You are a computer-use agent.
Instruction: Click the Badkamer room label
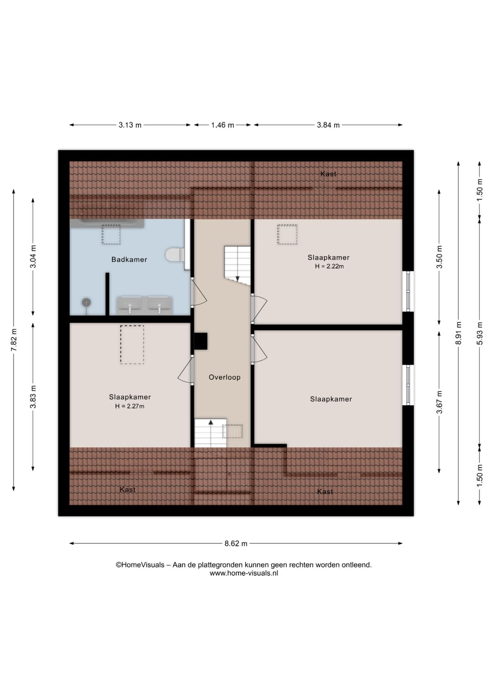(x=129, y=260)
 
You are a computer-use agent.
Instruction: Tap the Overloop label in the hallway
(x=225, y=377)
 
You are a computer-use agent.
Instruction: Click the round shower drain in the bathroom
(x=86, y=301)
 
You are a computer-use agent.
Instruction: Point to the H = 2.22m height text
(x=330, y=266)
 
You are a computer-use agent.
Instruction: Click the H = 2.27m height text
(x=130, y=406)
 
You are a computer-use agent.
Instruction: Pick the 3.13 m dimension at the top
(x=130, y=125)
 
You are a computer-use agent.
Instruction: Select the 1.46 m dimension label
(x=223, y=125)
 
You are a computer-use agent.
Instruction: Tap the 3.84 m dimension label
(x=328, y=125)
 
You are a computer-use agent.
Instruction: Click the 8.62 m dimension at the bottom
(x=236, y=544)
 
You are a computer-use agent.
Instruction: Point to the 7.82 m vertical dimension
(x=14, y=340)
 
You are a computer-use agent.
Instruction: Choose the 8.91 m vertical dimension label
(x=458, y=333)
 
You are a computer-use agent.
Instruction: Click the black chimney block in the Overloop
(x=200, y=341)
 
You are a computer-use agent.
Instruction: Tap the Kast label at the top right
(x=329, y=174)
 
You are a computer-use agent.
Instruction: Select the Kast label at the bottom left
(x=127, y=490)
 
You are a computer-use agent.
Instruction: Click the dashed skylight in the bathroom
(x=111, y=234)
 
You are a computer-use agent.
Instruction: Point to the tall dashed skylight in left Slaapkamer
(x=132, y=345)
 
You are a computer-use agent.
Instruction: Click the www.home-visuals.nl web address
(x=244, y=573)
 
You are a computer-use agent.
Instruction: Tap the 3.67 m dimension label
(x=439, y=402)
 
